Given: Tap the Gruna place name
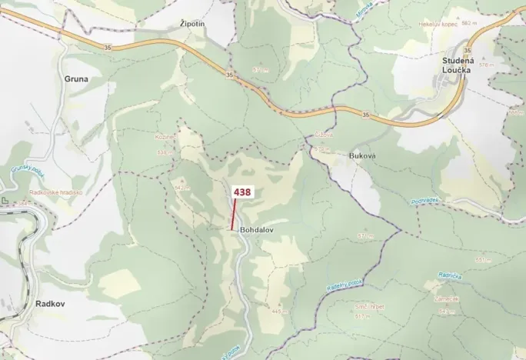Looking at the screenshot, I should [x=77, y=78].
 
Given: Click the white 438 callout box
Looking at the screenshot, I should [x=242, y=192].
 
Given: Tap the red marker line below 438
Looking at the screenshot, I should [x=234, y=215].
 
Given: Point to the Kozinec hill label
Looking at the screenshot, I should [x=166, y=137].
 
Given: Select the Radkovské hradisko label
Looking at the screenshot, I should [x=55, y=192].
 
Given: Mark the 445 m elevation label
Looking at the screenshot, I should [x=278, y=311].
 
